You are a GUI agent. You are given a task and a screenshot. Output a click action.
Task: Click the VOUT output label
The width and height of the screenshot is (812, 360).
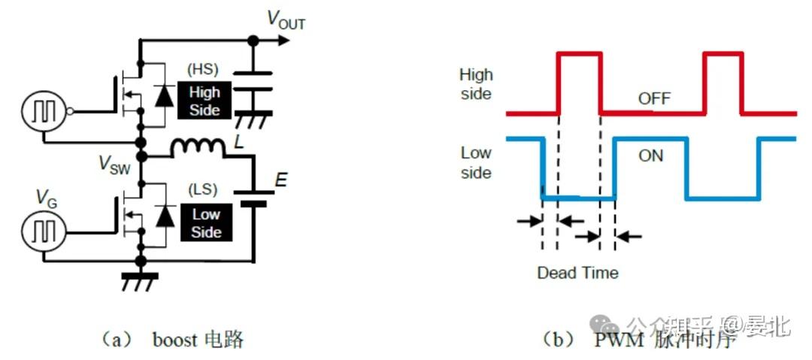[286, 20]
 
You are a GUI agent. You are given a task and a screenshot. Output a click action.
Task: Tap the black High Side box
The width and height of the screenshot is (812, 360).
[205, 101]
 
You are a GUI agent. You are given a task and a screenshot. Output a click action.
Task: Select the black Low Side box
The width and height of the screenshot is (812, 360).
[205, 223]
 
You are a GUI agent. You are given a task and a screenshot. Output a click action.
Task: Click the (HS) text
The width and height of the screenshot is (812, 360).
[202, 69]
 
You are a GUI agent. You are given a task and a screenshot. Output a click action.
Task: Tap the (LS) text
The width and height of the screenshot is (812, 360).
[204, 191]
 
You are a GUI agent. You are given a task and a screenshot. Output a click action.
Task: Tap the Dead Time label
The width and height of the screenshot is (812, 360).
[577, 273]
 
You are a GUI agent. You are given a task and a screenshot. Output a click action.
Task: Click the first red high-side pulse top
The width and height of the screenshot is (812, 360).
[579, 53]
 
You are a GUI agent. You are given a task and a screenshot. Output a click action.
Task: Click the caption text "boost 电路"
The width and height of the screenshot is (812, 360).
[198, 339]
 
